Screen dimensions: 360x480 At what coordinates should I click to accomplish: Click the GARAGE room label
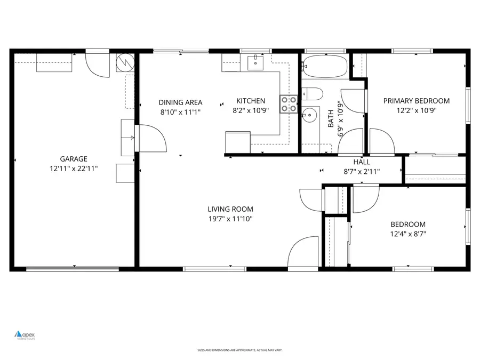[x=74, y=158]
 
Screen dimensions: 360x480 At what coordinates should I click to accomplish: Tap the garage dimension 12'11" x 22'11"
[x=74, y=168]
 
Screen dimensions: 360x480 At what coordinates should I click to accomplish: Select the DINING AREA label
[x=180, y=102]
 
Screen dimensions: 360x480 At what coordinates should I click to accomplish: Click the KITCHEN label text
[x=251, y=101]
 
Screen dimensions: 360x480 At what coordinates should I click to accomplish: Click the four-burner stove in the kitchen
[x=289, y=104]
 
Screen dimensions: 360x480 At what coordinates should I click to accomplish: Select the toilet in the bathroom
[x=313, y=94]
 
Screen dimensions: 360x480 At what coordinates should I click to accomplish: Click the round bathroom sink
[x=308, y=115]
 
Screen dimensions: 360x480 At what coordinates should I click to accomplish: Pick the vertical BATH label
[x=331, y=118]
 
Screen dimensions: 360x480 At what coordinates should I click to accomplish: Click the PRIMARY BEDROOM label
[x=417, y=101]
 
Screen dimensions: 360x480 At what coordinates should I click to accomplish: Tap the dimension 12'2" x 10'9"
[x=417, y=110]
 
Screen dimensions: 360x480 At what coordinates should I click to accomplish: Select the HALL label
[x=362, y=162]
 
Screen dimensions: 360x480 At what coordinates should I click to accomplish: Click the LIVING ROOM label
[x=230, y=209]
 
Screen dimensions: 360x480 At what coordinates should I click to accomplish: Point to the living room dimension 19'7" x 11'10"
[x=230, y=219]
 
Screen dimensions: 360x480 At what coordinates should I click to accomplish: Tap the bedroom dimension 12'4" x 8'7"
[x=408, y=234]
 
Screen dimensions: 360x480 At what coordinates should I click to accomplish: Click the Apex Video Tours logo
[x=25, y=335]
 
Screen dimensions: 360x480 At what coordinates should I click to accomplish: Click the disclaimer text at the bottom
[x=239, y=350]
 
